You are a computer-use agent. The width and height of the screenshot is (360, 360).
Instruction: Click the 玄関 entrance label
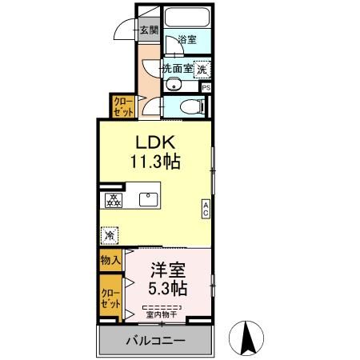pos(148,31)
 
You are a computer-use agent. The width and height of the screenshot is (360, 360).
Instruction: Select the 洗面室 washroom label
pos(177,69)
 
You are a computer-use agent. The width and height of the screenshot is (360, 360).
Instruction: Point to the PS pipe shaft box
pos(206,88)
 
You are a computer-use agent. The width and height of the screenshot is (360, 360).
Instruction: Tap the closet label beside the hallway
pos(122,106)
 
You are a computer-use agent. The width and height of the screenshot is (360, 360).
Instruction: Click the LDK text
pos(154,142)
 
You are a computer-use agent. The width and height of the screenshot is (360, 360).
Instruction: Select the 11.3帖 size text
pos(155,162)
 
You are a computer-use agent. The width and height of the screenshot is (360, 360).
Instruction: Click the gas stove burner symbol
pos(114,200)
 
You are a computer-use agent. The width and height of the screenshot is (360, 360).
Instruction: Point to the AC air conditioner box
pos(206,210)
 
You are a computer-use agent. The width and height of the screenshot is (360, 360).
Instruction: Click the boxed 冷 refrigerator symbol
pos(110,235)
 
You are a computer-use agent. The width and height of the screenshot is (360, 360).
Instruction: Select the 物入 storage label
pos(110,260)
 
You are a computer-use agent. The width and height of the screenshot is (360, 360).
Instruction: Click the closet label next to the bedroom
pos(110,298)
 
